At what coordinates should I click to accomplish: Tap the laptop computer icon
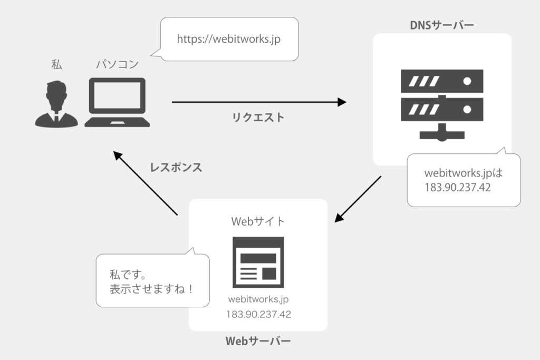tap(118, 102)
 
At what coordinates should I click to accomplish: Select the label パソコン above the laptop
tap(117, 64)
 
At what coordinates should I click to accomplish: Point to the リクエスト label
tap(258, 118)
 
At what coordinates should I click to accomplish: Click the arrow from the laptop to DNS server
tap(258, 102)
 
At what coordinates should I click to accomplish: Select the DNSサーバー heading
tap(442, 25)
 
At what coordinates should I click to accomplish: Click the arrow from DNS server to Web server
tap(359, 199)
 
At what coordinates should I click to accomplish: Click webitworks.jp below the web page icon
tap(258, 299)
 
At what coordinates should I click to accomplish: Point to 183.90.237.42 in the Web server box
tap(258, 315)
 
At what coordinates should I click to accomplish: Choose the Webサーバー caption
tap(258, 342)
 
